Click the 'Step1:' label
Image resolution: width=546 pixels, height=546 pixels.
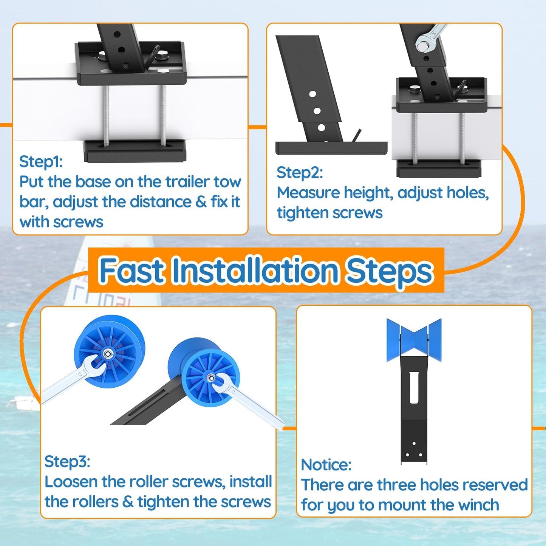[41, 162]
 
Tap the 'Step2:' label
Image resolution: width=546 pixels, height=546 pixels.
[300, 173]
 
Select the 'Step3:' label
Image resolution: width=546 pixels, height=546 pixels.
[67, 461]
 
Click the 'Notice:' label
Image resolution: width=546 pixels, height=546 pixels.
[326, 465]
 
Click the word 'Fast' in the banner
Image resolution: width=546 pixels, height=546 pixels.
[131, 271]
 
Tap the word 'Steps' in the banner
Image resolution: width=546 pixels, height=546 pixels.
[389, 271]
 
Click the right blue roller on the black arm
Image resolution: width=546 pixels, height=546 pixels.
[206, 372]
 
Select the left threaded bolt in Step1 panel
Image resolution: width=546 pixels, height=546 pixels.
[106, 115]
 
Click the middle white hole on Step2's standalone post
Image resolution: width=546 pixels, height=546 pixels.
[317, 111]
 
